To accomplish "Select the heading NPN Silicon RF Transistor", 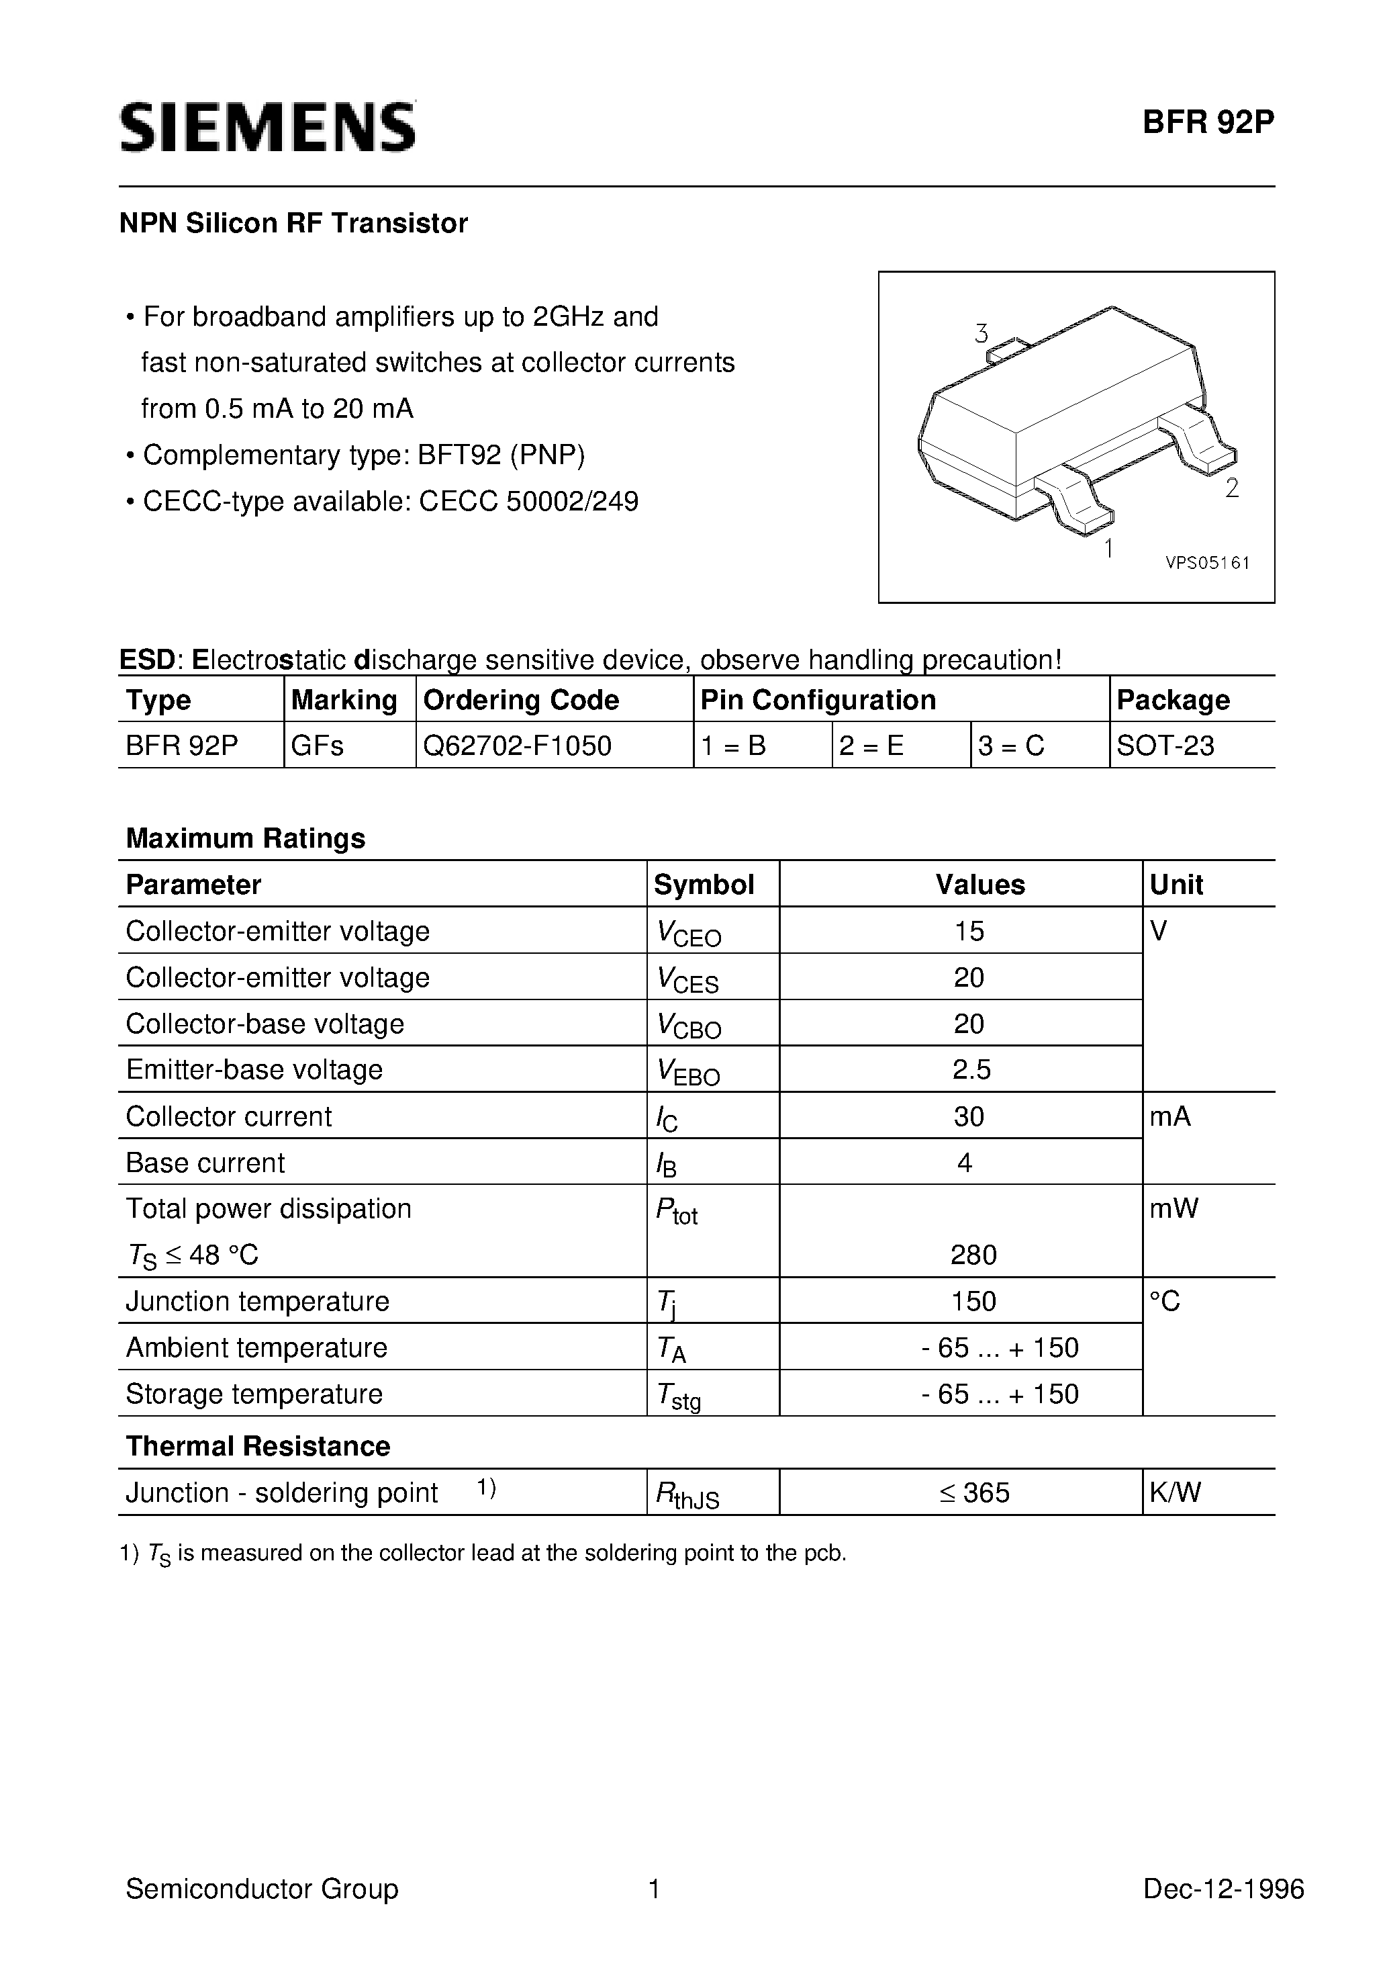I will point(293,223).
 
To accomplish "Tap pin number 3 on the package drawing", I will point(981,334).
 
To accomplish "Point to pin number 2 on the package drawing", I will point(1231,488).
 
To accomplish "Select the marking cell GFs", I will point(318,746).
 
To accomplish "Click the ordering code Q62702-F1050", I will point(518,746).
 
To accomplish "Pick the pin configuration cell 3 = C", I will point(1011,746).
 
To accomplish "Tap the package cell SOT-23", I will point(1165,746).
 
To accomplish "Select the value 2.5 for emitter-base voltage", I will point(971,1070).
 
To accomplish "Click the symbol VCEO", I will point(688,933).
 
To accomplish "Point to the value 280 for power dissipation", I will point(973,1255).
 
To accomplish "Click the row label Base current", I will point(205,1163).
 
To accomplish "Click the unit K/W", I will point(1175,1492).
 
